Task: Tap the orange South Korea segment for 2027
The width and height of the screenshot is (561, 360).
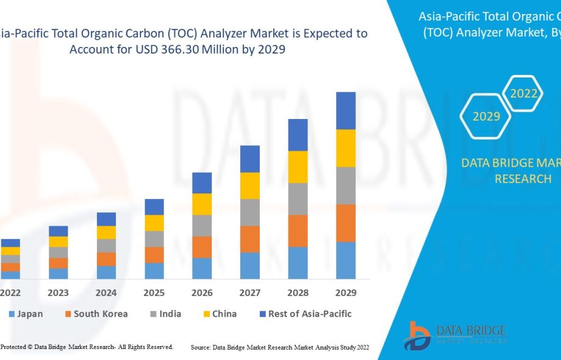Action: [250, 239]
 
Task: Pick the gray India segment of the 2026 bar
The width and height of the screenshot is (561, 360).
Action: [202, 226]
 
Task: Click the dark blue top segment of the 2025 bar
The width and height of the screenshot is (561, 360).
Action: [154, 207]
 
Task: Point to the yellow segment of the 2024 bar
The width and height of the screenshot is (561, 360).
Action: [106, 232]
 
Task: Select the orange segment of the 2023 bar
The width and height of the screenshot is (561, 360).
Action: [59, 263]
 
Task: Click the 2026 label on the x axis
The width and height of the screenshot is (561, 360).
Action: [202, 293]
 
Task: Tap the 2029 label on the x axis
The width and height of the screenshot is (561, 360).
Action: [346, 293]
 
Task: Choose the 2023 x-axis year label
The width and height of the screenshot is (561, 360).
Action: [59, 293]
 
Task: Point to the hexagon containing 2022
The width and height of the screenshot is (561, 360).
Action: [524, 93]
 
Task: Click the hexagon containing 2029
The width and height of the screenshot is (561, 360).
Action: [486, 116]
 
